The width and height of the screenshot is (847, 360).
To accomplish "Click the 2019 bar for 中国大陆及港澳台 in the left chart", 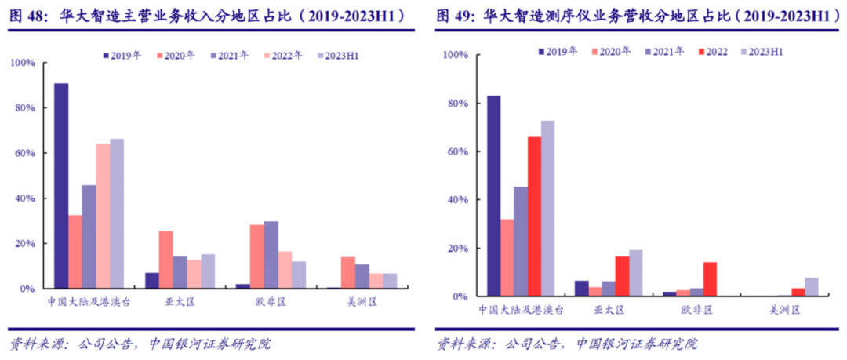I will point(61,186).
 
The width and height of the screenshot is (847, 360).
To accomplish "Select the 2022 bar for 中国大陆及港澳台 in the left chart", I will point(103,216).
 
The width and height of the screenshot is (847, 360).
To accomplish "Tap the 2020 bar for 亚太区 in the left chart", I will point(165,260).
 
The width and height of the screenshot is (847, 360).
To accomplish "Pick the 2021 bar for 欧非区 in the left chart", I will point(271,255).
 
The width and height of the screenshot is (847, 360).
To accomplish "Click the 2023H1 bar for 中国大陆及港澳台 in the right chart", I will point(547,209).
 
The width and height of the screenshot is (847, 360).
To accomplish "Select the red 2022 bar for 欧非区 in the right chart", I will point(710,279).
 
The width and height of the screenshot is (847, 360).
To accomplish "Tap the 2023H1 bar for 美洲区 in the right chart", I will point(811,287).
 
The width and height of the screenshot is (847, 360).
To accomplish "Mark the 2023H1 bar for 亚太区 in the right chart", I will point(634,273).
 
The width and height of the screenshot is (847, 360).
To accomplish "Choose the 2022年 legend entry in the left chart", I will point(285,56).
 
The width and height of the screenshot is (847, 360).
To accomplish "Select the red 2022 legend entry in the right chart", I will point(709,52).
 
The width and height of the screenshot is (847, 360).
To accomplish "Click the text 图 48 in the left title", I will point(24,15).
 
